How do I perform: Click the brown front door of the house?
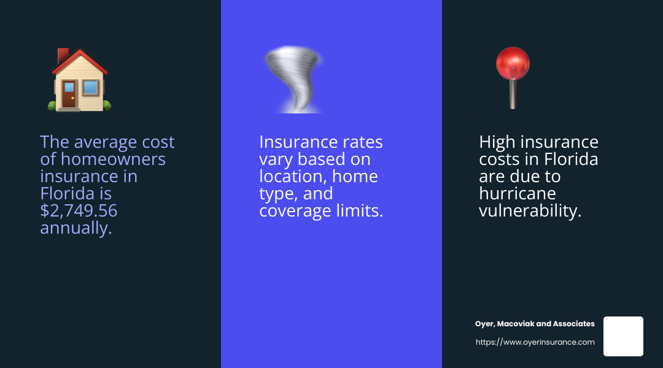coord(69,94)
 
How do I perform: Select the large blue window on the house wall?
coord(90,88)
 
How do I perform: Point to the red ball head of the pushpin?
coord(513,63)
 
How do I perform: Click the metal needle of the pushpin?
coord(513,95)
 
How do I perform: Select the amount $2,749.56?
coord(79,211)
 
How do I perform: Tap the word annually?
coord(76,228)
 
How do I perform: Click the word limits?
coord(362,211)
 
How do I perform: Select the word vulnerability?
coord(530,211)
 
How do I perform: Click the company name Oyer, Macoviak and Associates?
coord(535,324)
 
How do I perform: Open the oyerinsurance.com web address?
coord(535,342)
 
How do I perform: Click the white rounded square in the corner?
coord(623,336)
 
